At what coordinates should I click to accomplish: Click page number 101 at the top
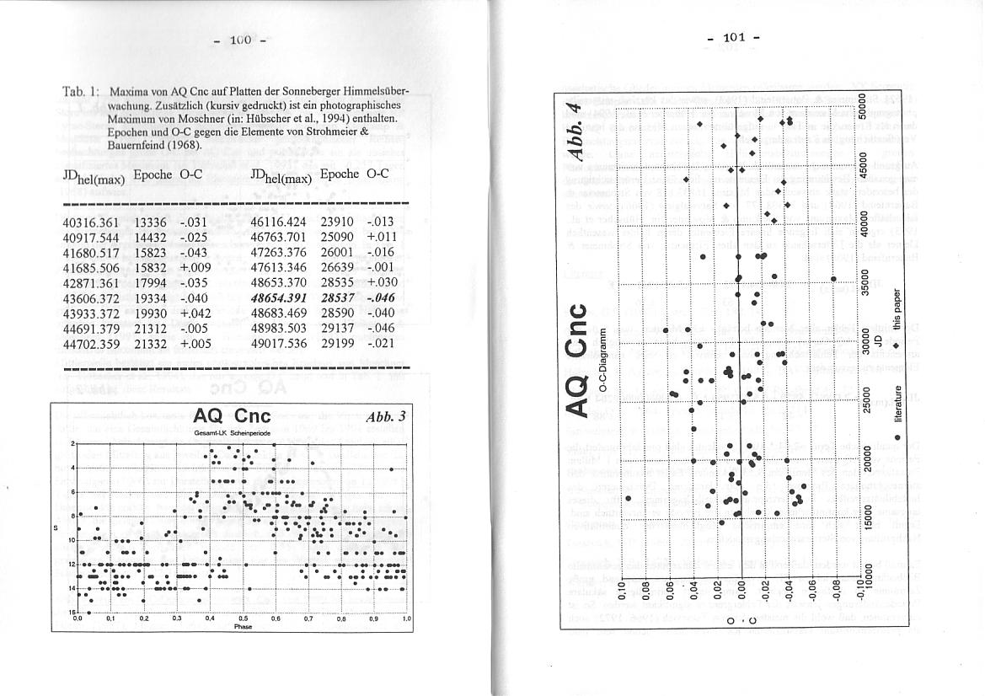[732, 37]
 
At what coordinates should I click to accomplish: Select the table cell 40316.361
[91, 222]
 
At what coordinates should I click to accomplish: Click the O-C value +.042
[195, 313]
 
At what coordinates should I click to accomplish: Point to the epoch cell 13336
[152, 222]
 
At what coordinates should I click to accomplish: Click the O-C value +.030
[381, 283]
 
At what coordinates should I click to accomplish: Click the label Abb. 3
[386, 415]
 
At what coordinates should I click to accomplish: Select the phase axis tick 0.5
[243, 618]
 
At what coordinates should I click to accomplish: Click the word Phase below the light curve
[243, 627]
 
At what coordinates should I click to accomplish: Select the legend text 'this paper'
[899, 309]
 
